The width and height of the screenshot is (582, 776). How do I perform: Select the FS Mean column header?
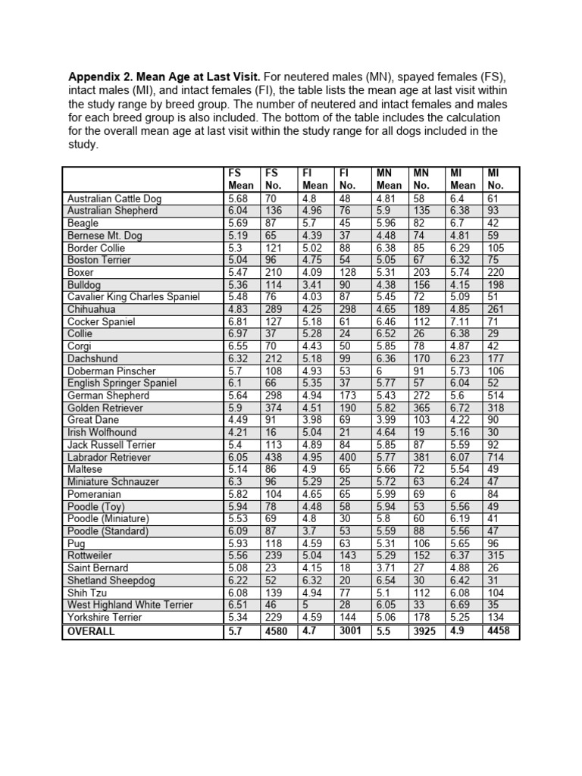click(x=241, y=179)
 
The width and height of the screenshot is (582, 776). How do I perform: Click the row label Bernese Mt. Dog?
click(x=105, y=236)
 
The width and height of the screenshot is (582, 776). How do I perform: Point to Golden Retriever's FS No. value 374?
click(x=272, y=408)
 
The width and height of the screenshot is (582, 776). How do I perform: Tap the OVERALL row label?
click(x=92, y=631)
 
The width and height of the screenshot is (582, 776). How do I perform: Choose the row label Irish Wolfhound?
click(x=102, y=433)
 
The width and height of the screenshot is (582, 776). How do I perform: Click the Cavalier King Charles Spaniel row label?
click(x=133, y=297)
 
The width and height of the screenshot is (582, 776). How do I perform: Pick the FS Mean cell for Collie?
click(x=239, y=334)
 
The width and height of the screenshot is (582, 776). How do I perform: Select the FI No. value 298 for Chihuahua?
click(x=349, y=309)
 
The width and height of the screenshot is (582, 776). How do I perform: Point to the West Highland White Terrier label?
click(x=130, y=605)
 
